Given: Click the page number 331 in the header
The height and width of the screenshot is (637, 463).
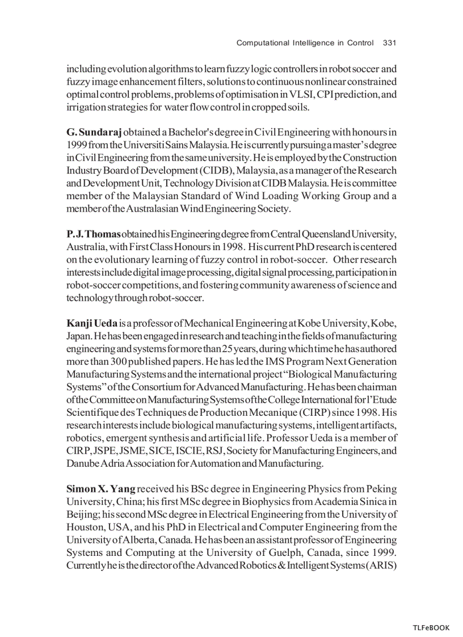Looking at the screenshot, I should (x=389, y=43).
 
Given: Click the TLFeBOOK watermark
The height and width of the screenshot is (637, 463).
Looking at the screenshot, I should (x=431, y=627).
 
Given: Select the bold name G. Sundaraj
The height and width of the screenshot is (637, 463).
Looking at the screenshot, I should (x=94, y=132).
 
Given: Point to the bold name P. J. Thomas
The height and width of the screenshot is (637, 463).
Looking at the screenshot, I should (x=94, y=234).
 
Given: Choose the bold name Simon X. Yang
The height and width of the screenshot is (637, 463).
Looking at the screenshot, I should (x=101, y=488).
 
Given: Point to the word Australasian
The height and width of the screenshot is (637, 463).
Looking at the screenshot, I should (x=150, y=209).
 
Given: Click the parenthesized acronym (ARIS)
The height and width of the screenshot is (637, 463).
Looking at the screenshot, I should (x=380, y=566).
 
